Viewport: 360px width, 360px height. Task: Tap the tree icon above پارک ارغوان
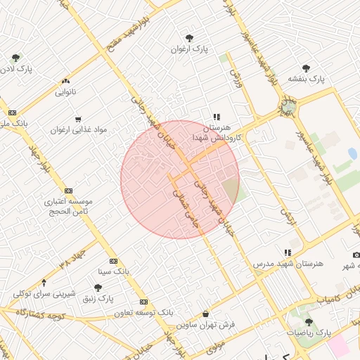[x=189, y=39]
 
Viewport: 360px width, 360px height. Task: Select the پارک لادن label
[x=16, y=69]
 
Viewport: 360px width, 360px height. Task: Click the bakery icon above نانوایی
[x=67, y=82]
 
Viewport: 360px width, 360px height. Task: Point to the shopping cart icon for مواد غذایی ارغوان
[x=77, y=119]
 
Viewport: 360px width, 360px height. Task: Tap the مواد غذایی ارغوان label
[x=78, y=130]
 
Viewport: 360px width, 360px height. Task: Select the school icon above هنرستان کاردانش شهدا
[x=217, y=117]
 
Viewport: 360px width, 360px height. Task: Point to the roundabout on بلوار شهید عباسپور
[x=288, y=108]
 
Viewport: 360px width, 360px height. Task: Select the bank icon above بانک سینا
[x=114, y=261]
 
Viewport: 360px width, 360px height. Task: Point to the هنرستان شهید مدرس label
[x=288, y=263]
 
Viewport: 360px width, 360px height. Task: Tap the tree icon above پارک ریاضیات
[x=309, y=322]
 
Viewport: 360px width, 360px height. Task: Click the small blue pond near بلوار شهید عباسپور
[x=352, y=153]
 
